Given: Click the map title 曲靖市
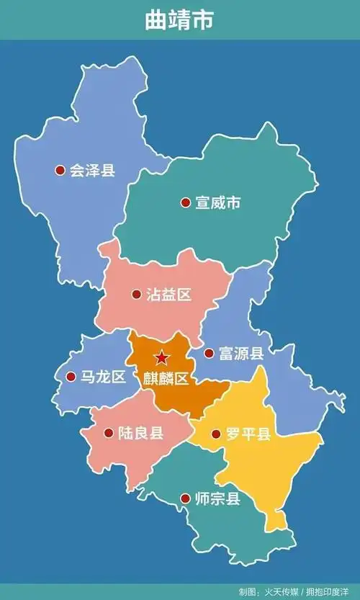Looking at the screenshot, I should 179,20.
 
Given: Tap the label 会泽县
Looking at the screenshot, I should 92,171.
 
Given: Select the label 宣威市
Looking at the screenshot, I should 217,203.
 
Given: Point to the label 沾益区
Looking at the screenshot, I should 168,295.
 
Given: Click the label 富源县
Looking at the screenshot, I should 242,354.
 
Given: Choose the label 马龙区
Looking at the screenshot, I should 103,377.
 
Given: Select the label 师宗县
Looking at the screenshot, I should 217,498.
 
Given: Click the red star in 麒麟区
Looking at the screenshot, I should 161,357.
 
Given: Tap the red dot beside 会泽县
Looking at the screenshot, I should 60,171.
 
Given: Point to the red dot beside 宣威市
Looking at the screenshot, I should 186,203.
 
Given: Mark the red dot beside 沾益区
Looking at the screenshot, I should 137,294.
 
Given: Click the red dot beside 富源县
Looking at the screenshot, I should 209,354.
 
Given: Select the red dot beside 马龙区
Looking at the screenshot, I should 71,377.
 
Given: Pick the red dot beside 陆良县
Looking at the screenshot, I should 109,434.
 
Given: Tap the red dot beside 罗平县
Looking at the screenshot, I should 216,434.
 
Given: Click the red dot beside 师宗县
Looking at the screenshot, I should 185,498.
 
